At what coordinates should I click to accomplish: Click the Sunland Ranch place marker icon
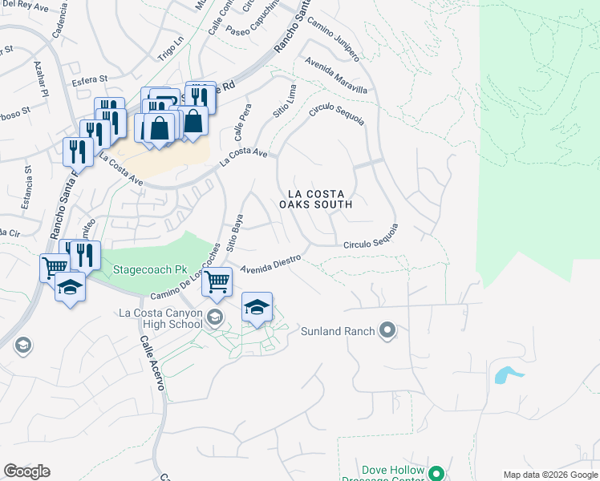pyautogui.click(x=387, y=329)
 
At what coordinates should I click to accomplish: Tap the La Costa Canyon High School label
pyautogui.click(x=160, y=318)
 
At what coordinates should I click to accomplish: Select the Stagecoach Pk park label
pyautogui.click(x=144, y=269)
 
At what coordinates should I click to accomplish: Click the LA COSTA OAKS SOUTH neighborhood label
pyautogui.click(x=315, y=199)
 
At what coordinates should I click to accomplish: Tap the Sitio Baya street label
pyautogui.click(x=234, y=233)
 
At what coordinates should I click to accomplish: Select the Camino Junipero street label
pyautogui.click(x=332, y=38)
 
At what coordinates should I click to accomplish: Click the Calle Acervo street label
pyautogui.click(x=152, y=362)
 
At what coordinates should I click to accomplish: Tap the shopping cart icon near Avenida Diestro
pyautogui.click(x=217, y=281)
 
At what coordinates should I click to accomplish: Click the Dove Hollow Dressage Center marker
pyautogui.click(x=436, y=472)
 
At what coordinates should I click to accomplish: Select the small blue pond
pyautogui.click(x=506, y=374)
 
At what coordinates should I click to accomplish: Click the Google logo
pyautogui.click(x=26, y=471)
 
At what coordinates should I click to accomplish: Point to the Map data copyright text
pyautogui.click(x=549, y=475)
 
